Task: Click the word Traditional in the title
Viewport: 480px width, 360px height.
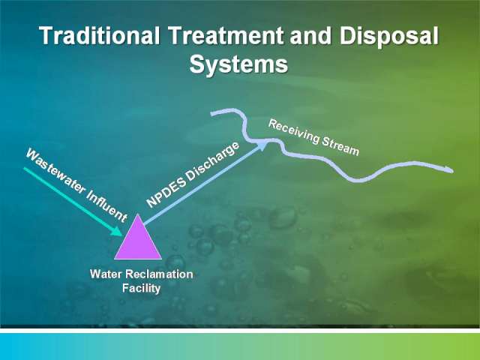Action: [x=100, y=35]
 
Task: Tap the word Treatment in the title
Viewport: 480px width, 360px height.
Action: [x=226, y=35]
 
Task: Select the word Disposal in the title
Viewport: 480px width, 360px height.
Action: [x=388, y=37]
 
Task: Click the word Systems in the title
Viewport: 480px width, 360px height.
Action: [x=238, y=64]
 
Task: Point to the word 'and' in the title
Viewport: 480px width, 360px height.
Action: [x=310, y=35]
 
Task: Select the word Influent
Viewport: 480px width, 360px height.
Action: [x=106, y=205]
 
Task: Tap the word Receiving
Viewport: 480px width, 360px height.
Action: [x=294, y=131]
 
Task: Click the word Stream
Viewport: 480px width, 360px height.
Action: [x=340, y=146]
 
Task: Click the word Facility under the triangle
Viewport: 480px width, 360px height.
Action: [x=142, y=288]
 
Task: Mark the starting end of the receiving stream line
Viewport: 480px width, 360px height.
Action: [x=211, y=114]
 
